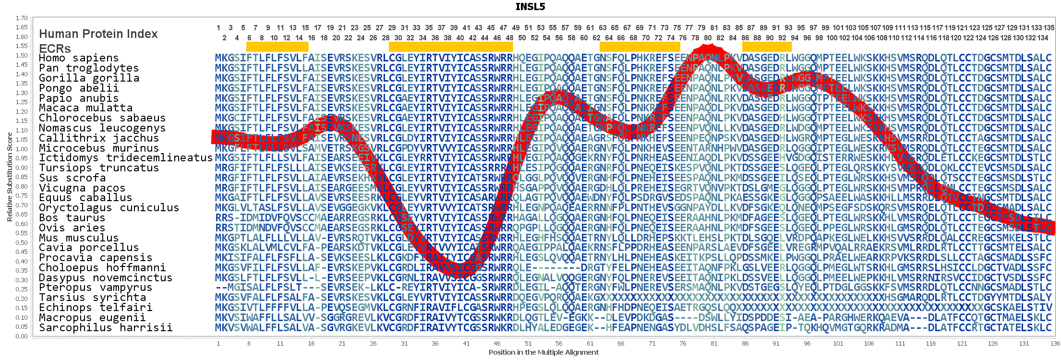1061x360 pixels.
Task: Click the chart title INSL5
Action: coord(530,7)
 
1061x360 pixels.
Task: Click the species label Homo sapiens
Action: coord(79,58)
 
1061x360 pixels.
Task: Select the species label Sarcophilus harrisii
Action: coord(106,328)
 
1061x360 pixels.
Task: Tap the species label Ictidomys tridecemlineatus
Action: coord(126,158)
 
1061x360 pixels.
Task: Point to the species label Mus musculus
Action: coord(79,238)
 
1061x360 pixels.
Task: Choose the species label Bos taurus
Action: coord(72,218)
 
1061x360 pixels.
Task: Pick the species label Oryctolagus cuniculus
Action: coord(109,208)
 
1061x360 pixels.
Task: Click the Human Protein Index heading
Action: coord(98,34)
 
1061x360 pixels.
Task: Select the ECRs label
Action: coord(55,49)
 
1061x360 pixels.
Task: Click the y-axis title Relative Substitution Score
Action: coord(10,177)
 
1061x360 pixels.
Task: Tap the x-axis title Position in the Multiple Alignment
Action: coord(543,352)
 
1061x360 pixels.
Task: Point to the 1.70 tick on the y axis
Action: coord(22,18)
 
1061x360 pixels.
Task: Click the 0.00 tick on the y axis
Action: coord(22,336)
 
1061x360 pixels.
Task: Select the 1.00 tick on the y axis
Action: coord(22,149)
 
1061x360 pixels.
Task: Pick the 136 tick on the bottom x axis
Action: coord(1055,344)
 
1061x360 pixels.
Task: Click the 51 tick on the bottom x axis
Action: coord(528,344)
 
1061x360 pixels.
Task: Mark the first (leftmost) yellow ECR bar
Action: coord(277,47)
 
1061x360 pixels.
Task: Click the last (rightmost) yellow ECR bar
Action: coord(767,47)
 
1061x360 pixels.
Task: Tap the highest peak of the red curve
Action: coord(708,48)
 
